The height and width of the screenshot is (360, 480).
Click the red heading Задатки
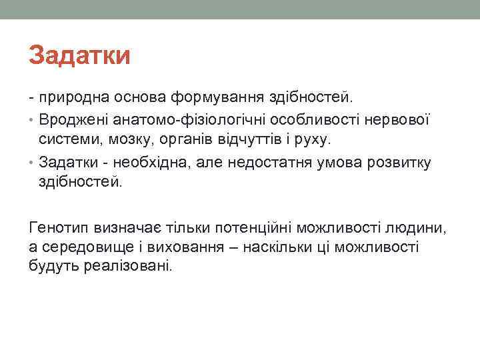(79, 55)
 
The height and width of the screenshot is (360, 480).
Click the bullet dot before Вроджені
(33, 121)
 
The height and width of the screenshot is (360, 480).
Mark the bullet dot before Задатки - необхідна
(33, 163)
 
